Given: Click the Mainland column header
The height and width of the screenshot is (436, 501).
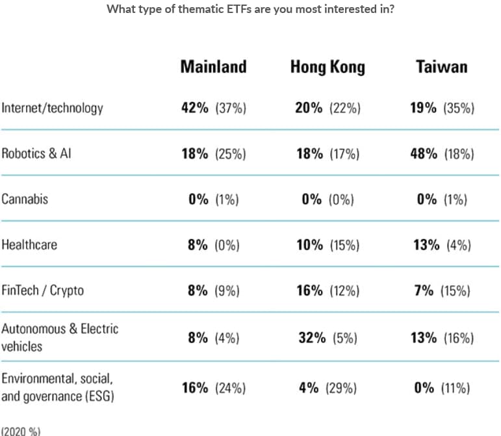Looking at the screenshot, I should click(213, 66).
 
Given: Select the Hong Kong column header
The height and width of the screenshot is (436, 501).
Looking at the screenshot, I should click(328, 66).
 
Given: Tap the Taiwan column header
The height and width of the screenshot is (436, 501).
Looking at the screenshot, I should click(441, 66).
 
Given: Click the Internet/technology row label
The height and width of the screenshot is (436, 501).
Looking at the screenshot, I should click(52, 108).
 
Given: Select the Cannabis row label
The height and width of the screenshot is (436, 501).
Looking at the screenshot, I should click(25, 199).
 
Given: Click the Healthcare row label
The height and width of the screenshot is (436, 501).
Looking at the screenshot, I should click(29, 244).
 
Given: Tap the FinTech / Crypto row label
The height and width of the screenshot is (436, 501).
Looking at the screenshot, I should click(42, 290).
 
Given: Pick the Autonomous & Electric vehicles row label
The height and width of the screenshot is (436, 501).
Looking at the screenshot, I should click(60, 337).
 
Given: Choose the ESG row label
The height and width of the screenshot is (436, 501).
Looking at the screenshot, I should click(58, 387).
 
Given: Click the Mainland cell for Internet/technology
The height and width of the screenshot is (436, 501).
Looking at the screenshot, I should click(213, 108).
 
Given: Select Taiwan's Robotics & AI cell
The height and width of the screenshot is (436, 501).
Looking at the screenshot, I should click(442, 153).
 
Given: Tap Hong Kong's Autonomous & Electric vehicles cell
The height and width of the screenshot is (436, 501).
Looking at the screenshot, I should click(328, 337).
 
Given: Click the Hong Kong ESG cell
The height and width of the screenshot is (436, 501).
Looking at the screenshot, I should click(328, 388).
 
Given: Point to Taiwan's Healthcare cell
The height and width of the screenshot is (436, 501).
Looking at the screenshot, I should click(442, 244).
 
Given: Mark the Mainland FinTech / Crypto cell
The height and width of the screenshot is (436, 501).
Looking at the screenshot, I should click(213, 290).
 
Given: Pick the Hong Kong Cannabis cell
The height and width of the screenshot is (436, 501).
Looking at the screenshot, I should click(328, 199).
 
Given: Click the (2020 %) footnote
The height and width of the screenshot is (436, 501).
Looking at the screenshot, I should click(18, 430).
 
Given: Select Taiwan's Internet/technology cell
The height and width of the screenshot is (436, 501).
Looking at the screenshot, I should click(442, 108).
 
